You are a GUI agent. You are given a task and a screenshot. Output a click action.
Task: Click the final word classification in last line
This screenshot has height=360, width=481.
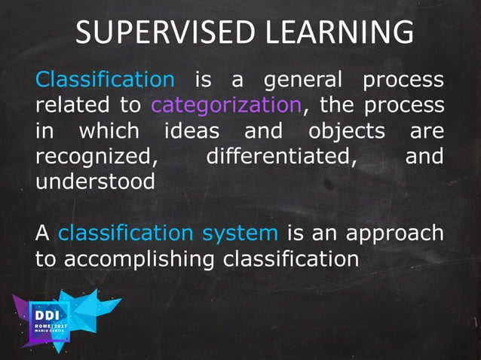290,258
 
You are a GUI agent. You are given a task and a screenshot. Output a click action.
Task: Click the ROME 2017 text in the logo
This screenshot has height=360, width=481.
51,327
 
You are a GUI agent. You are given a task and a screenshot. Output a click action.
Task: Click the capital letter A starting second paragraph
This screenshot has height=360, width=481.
43,233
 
